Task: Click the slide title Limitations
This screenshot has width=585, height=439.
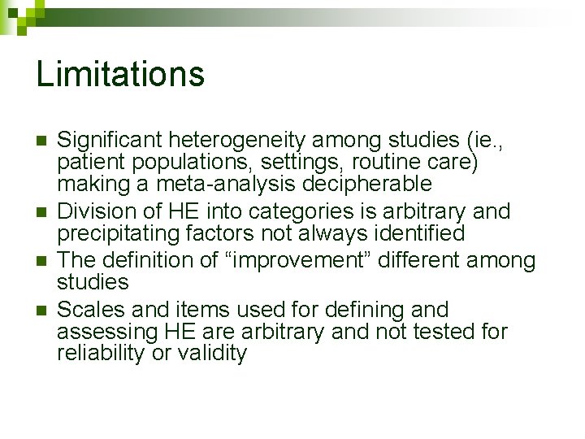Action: pyautogui.click(x=120, y=74)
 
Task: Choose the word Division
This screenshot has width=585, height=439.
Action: pyautogui.click(x=93, y=212)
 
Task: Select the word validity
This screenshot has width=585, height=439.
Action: pyautogui.click(x=214, y=354)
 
